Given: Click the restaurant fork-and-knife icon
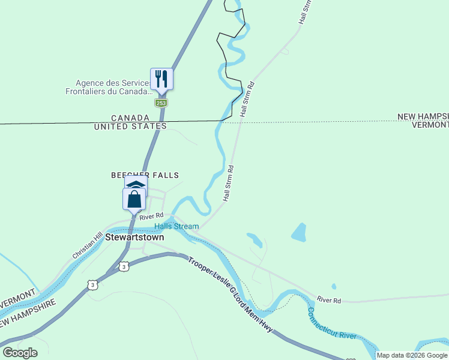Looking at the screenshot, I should [x=161, y=79].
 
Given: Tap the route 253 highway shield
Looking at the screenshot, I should [x=161, y=103].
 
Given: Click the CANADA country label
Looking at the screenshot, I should [x=130, y=118].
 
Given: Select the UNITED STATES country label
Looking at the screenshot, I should [x=130, y=126].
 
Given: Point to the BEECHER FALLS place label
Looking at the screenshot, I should [x=145, y=175].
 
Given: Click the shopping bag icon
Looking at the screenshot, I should [x=134, y=199].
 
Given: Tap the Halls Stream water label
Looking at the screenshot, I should [x=176, y=226].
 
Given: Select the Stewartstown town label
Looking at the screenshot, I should [x=135, y=237].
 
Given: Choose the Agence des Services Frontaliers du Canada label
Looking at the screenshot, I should [x=108, y=88].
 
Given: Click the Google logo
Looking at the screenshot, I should [x=20, y=353].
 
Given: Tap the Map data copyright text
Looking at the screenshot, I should [x=412, y=355].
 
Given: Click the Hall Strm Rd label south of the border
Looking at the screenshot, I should [x=228, y=183].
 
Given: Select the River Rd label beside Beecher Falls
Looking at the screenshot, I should [x=151, y=216].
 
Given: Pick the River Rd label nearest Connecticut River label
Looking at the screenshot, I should [x=329, y=299].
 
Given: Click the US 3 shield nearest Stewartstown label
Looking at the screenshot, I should [x=123, y=266].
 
